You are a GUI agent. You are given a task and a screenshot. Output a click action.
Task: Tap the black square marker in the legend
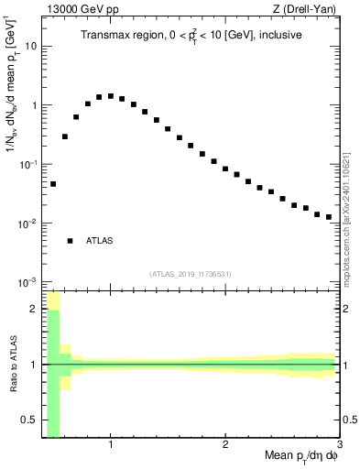[x=70, y=241]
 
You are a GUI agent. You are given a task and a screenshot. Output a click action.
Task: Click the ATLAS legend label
[x=99, y=241]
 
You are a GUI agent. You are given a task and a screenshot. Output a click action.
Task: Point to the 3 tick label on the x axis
[x=339, y=446]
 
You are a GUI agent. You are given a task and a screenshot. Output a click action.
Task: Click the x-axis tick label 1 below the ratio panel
[x=111, y=446]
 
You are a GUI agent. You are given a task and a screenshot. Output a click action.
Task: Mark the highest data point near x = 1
[x=111, y=95]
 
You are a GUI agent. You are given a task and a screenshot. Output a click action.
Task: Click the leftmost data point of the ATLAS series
[x=53, y=184]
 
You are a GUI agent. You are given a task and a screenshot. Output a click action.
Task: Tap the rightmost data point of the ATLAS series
[x=328, y=217]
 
